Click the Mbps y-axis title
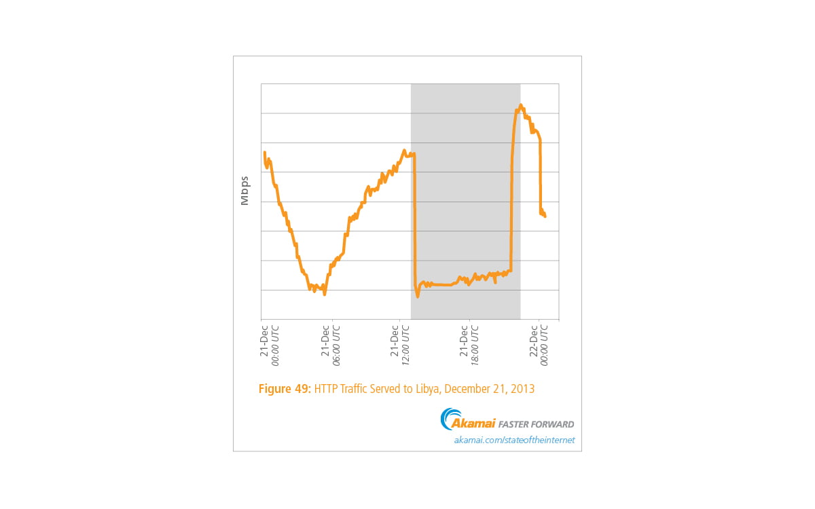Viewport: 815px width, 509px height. pos(244,190)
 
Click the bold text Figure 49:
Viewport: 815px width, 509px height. pos(285,390)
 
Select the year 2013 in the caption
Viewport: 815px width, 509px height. pos(523,390)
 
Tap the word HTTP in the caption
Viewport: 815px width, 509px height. pos(325,390)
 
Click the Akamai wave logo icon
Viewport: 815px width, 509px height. pos(450,419)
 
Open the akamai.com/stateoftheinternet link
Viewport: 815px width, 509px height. pos(514,440)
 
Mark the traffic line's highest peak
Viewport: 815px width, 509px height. pos(521,105)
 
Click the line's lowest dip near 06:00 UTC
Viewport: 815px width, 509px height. pos(325,294)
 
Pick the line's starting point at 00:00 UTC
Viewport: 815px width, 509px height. pos(264,153)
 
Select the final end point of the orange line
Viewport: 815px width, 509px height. pos(545,216)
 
